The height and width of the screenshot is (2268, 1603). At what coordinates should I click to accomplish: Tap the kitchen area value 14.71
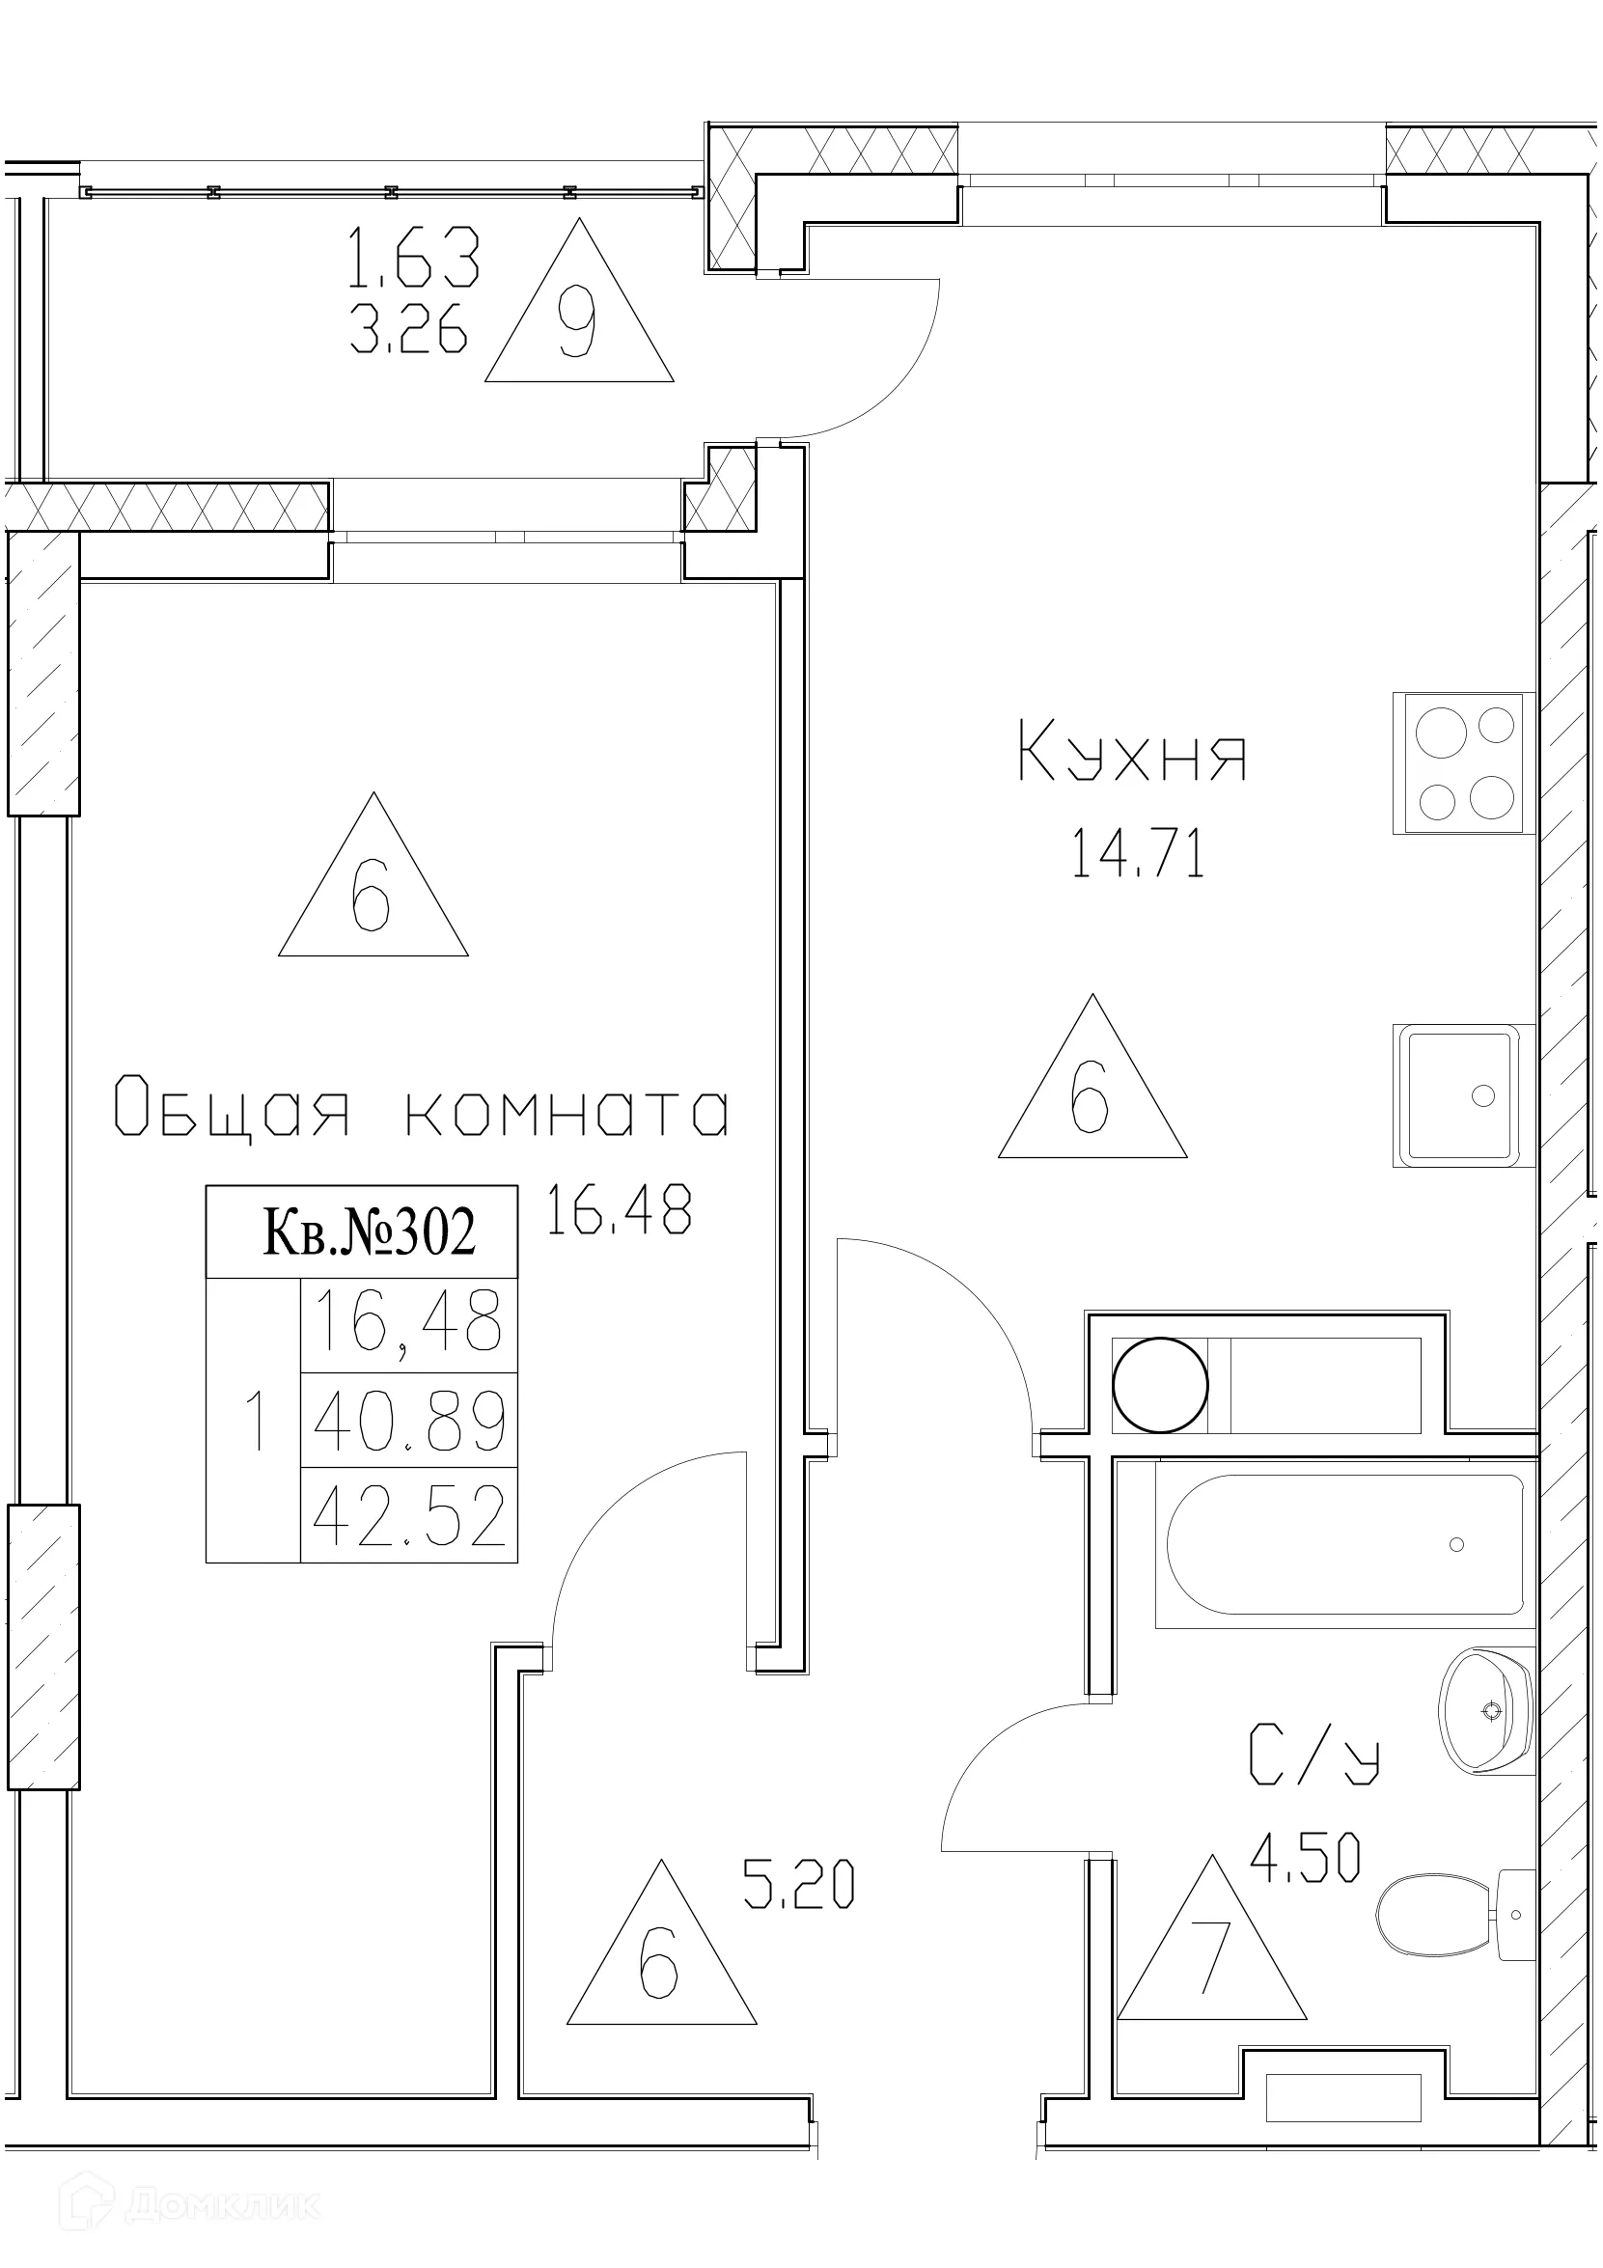click(1138, 854)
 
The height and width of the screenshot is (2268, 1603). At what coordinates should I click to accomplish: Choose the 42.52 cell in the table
click(409, 1516)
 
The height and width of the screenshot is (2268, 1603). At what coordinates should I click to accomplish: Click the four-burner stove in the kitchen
click(1464, 762)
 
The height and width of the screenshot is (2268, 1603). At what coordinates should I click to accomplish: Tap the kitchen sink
click(1464, 1095)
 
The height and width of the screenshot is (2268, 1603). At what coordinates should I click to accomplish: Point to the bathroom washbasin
click(1485, 1710)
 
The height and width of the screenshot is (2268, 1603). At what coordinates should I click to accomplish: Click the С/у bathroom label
click(1313, 1756)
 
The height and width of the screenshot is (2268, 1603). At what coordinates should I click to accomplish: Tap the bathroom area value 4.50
click(1305, 1857)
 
